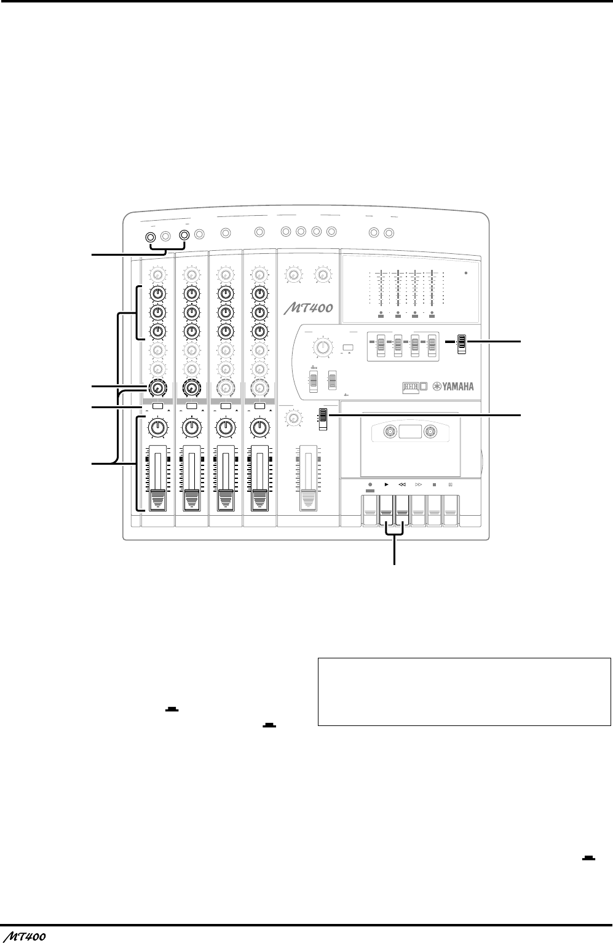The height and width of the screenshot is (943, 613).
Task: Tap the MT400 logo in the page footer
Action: (24, 936)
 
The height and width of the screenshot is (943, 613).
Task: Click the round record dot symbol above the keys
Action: (370, 484)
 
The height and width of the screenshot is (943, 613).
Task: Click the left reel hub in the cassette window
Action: (389, 433)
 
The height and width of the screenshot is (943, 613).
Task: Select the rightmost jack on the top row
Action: (389, 233)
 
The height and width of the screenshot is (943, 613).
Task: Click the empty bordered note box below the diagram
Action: (464, 693)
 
